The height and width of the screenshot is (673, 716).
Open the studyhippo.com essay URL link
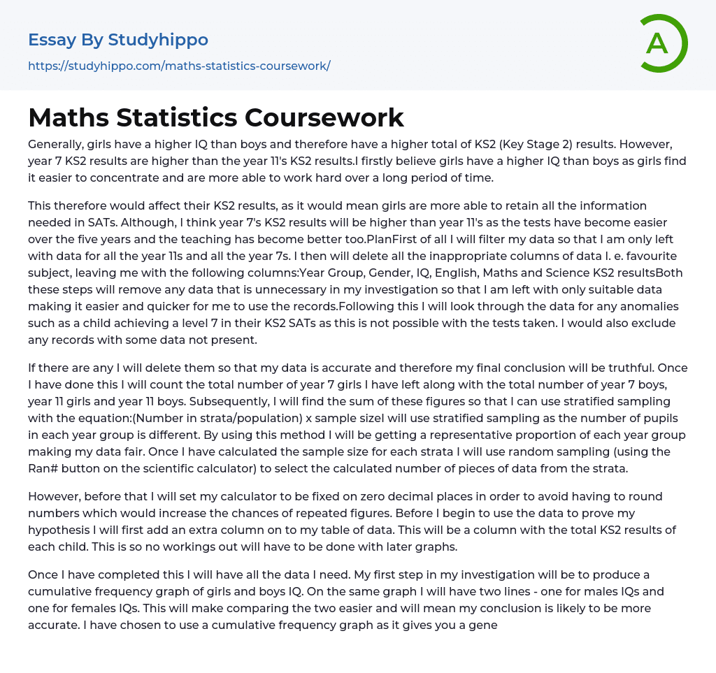tap(179, 66)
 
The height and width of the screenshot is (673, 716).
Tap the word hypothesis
tap(62, 530)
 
